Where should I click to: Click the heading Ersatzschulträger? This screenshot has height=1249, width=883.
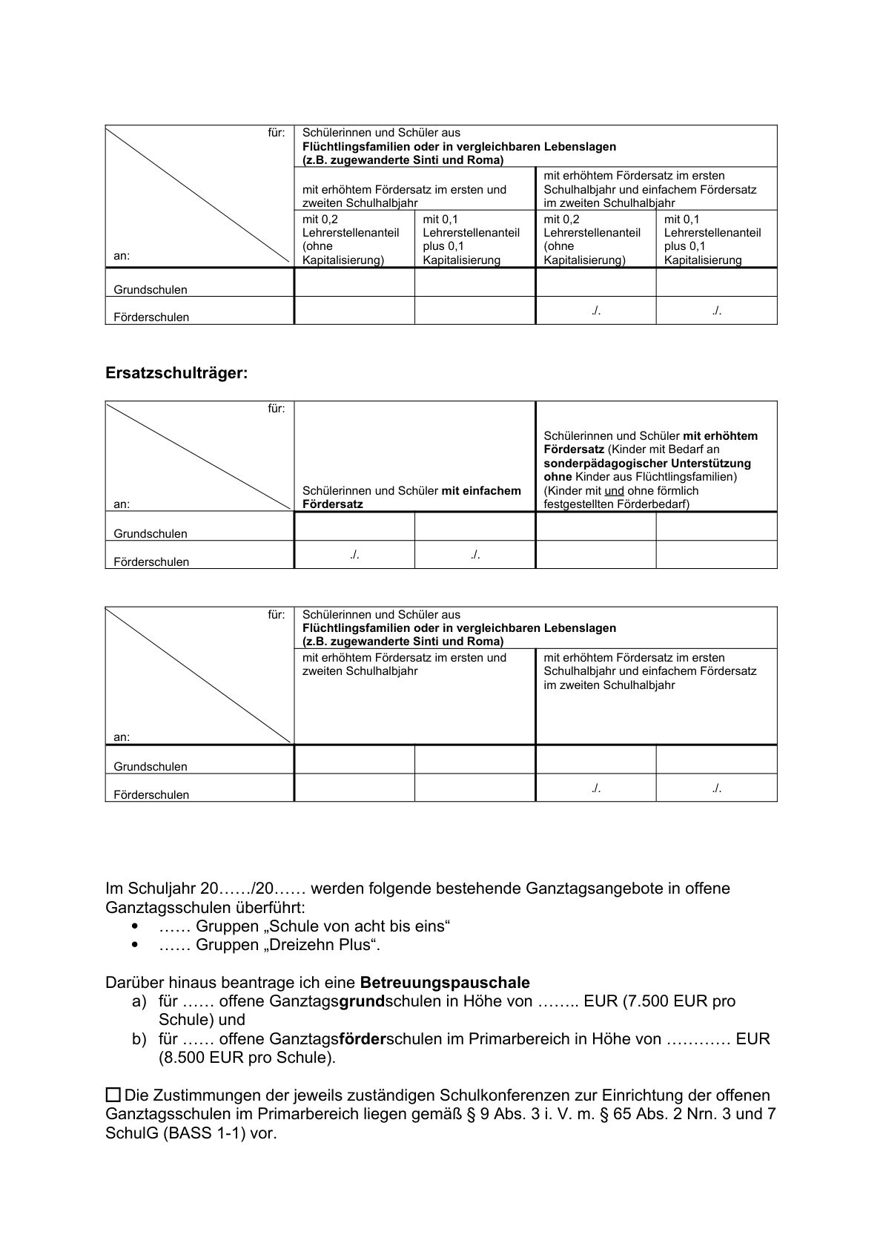(x=176, y=374)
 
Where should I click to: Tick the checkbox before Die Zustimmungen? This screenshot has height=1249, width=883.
(x=113, y=1095)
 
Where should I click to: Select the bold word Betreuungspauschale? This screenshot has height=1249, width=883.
(x=445, y=983)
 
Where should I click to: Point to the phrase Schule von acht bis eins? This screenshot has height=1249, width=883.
(x=360, y=926)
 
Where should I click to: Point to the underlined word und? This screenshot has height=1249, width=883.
(x=614, y=491)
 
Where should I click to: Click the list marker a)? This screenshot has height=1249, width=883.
(x=140, y=1002)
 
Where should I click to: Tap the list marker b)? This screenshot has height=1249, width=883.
(x=140, y=1039)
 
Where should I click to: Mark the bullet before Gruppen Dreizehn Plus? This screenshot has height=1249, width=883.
(x=134, y=945)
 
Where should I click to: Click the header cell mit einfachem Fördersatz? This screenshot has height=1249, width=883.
(x=411, y=497)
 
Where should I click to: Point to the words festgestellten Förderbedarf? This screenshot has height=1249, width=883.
(x=615, y=504)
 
